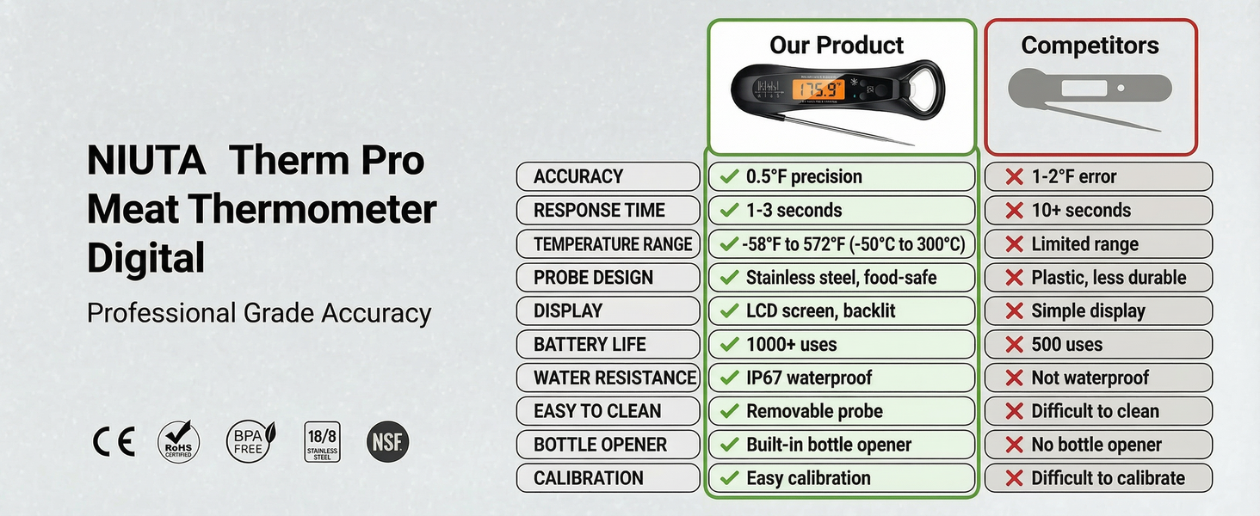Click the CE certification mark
114,443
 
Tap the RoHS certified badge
179,442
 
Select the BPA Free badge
250,442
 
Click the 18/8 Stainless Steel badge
322,442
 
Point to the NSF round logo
387,442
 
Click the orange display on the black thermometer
818,89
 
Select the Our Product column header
837,45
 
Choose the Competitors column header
1090,45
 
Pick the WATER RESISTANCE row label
608,378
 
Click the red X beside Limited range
1015,244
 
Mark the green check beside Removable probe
730,411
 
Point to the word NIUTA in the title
146,161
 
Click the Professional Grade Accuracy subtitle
259,313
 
